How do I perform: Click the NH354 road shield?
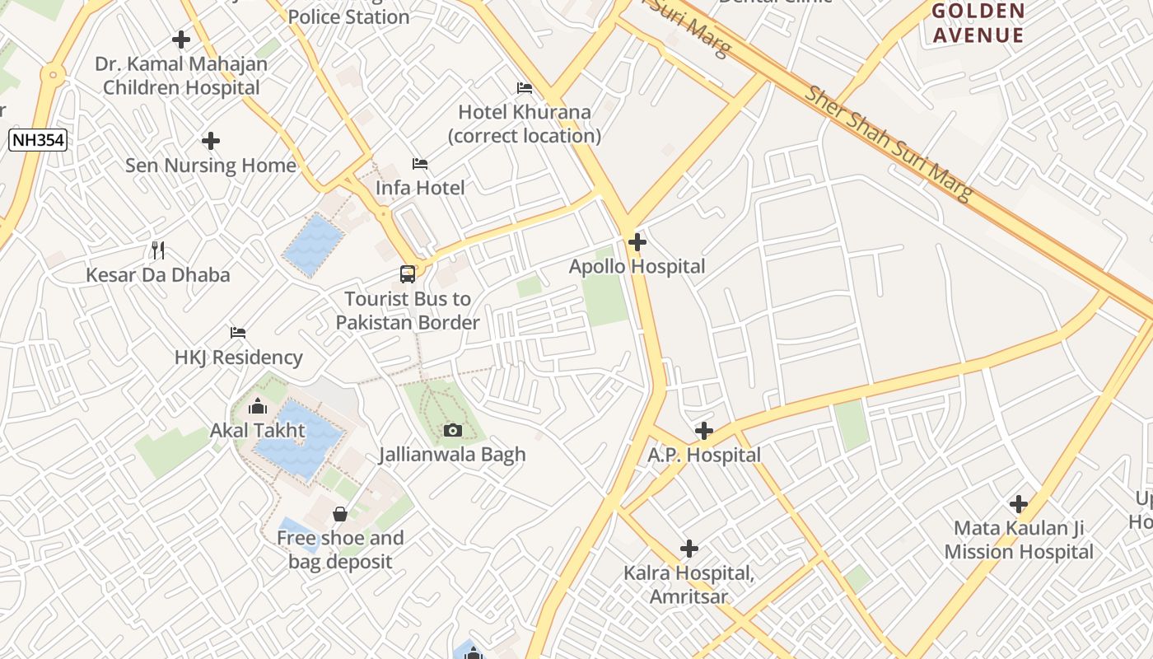click(38, 140)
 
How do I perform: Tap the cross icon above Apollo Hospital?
click(637, 242)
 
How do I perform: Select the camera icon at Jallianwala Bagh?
click(452, 430)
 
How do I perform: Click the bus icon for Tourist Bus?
click(408, 274)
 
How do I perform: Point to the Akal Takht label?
click(257, 430)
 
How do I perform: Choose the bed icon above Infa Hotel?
click(420, 164)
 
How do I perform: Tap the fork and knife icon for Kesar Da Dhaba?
click(158, 250)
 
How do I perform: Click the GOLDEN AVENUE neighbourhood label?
click(978, 23)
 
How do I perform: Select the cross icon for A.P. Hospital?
click(704, 431)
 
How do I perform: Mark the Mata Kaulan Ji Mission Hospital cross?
click(1019, 504)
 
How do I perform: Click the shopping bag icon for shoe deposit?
click(340, 515)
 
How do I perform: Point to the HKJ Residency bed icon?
click(238, 333)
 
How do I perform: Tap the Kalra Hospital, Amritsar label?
click(689, 585)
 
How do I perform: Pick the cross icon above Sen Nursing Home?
click(211, 141)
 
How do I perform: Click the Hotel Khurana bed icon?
click(525, 88)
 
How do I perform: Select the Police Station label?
click(348, 16)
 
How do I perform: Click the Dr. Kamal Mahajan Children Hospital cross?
click(181, 40)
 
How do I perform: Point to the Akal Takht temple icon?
click(258, 406)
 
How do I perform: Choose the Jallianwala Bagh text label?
click(452, 454)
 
